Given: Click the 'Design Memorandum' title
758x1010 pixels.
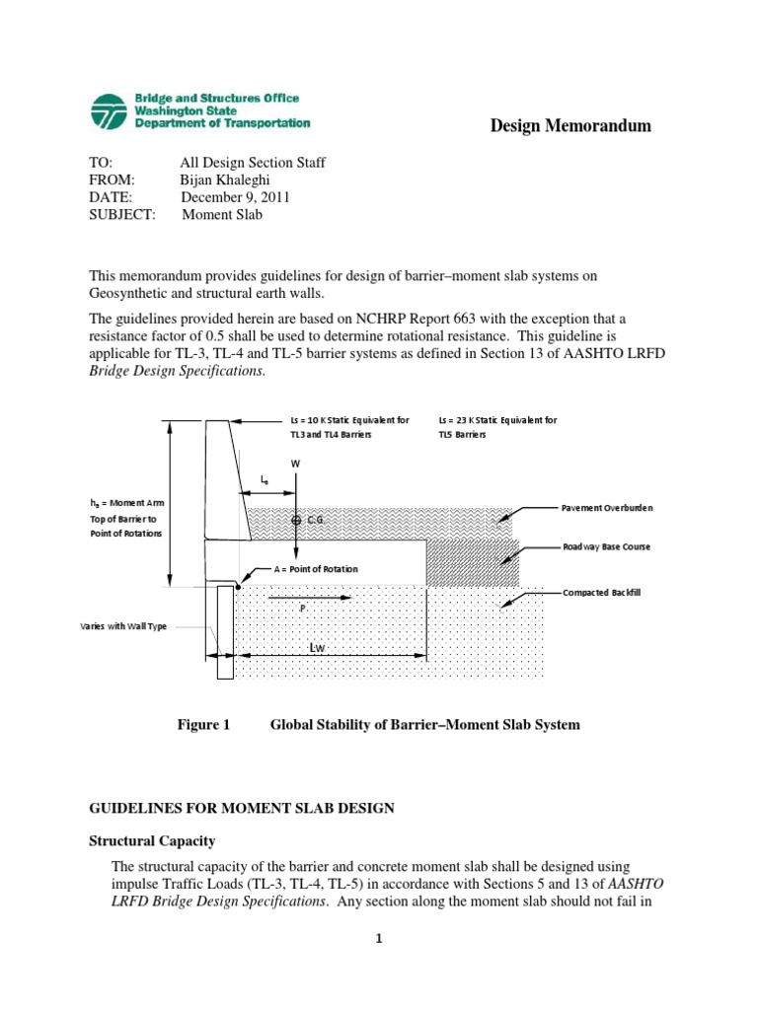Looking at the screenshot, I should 570,125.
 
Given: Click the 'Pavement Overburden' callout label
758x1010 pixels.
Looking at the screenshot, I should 607,508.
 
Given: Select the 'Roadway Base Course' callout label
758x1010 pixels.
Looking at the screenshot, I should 607,546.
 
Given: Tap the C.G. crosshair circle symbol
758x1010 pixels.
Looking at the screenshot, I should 296,519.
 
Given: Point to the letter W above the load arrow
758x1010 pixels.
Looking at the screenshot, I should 294,463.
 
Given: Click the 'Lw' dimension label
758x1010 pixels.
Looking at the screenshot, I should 317,647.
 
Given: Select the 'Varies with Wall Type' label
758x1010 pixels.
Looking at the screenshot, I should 124,626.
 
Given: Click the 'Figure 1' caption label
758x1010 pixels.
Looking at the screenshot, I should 203,725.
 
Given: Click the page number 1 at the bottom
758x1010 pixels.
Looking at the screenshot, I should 378,939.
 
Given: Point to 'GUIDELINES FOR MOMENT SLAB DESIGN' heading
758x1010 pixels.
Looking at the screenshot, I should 242,808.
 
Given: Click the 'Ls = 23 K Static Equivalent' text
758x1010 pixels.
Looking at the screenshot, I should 497,419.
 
